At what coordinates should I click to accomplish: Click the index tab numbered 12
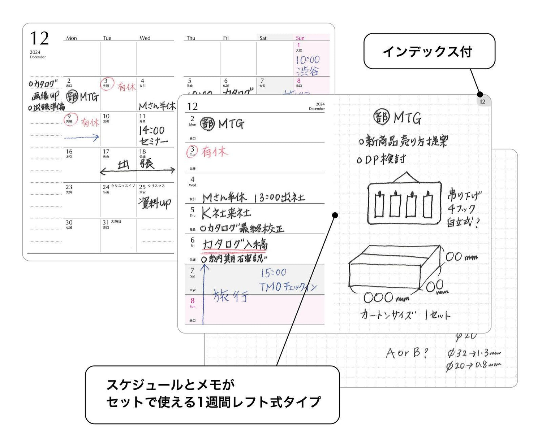[482, 101]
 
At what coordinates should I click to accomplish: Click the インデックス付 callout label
[429, 51]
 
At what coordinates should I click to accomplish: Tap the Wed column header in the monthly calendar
[145, 38]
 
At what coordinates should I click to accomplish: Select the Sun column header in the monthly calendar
[300, 38]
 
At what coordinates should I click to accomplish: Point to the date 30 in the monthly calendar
[69, 222]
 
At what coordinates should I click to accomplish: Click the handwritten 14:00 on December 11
[152, 130]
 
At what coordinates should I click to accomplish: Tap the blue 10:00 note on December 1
[307, 60]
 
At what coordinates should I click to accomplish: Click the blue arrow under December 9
[82, 138]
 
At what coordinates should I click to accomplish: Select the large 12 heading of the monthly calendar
[39, 39]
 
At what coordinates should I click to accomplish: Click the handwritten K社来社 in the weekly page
[226, 213]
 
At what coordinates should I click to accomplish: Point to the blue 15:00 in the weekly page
[274, 273]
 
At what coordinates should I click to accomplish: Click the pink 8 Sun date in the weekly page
[192, 301]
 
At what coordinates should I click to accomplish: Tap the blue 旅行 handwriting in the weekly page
[231, 296]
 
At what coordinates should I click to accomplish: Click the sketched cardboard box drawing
[394, 267]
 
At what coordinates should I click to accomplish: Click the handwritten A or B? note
[406, 353]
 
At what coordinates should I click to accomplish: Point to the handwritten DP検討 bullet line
[381, 159]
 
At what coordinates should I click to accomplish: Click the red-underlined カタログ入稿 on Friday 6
[235, 244]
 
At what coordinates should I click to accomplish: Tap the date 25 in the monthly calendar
[142, 187]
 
